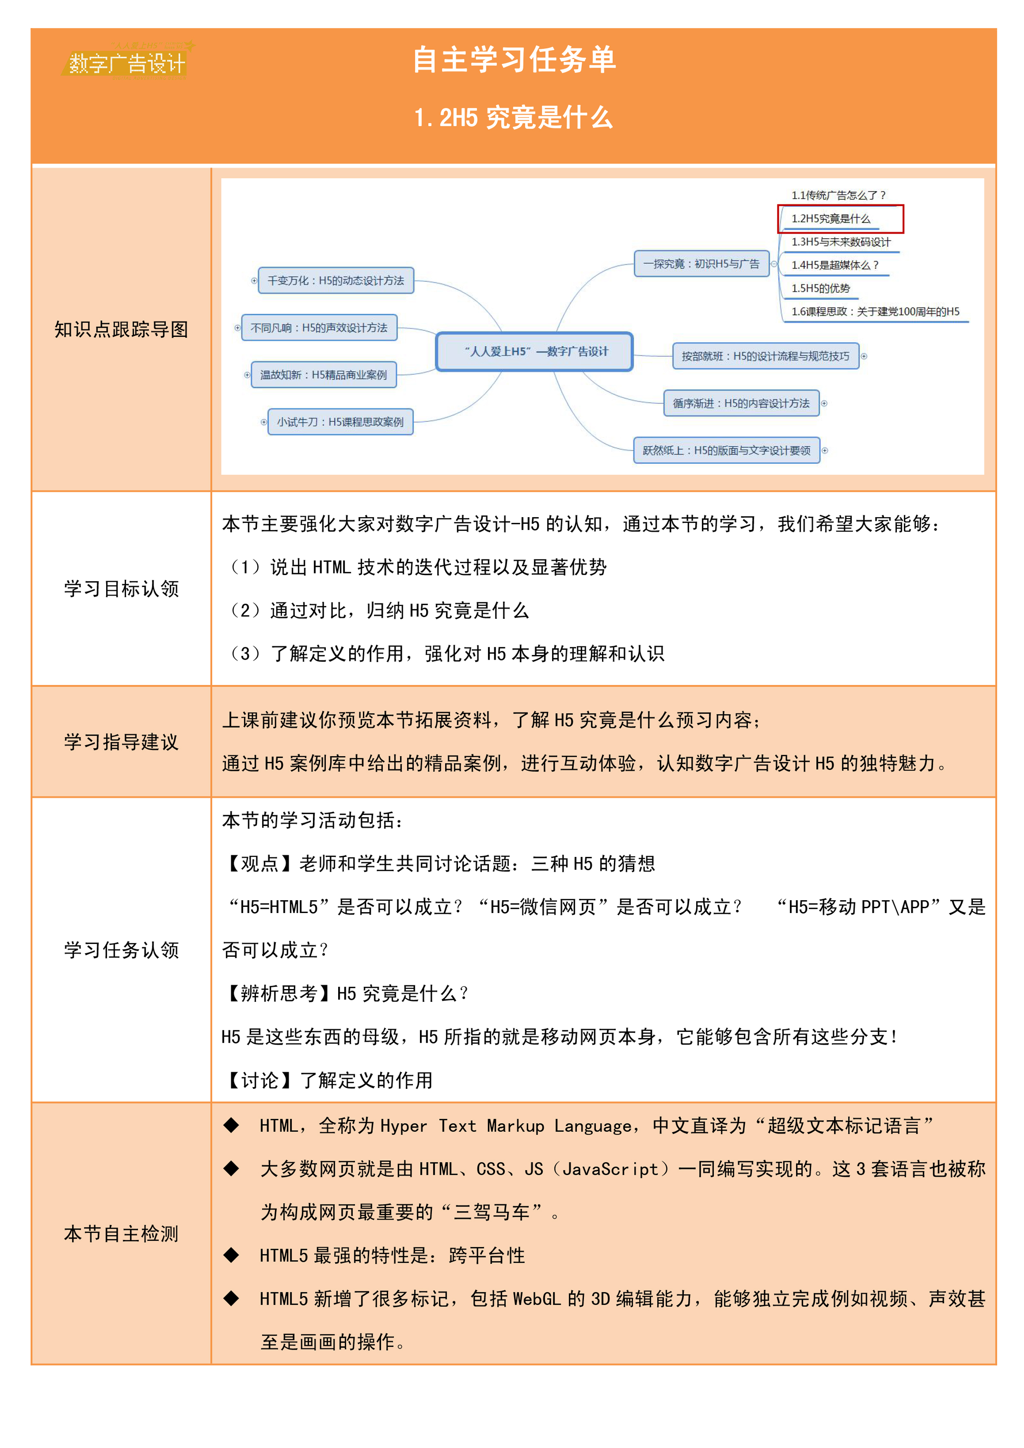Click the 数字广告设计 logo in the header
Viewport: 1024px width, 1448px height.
pyautogui.click(x=126, y=62)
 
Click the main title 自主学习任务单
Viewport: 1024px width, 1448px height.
pyautogui.click(x=514, y=60)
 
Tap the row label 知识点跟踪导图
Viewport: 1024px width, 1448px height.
pyautogui.click(x=121, y=329)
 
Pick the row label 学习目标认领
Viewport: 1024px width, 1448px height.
pyautogui.click(x=121, y=589)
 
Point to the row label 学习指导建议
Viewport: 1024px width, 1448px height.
pyautogui.click(x=121, y=742)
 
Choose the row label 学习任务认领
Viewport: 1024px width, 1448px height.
pyautogui.click(x=121, y=950)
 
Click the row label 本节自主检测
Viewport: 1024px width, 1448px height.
pyautogui.click(x=121, y=1233)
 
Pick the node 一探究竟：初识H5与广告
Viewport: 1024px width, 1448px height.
pyautogui.click(x=701, y=264)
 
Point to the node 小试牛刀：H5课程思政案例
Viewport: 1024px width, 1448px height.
pyautogui.click(x=340, y=422)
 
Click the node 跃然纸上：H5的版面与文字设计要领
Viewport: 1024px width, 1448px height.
pyautogui.click(x=726, y=450)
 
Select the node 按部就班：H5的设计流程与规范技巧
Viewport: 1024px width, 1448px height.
pyautogui.click(x=766, y=356)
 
